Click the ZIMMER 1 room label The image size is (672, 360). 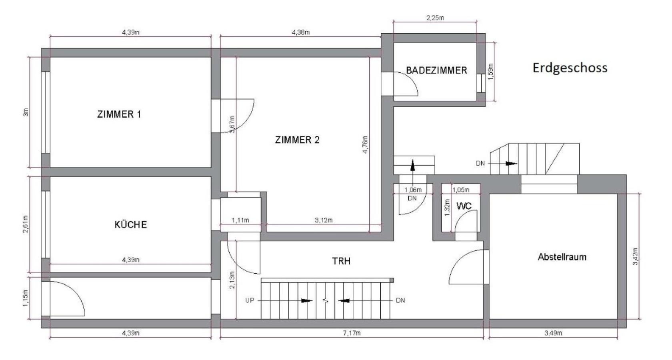(x=119, y=114)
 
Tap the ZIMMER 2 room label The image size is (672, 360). (x=297, y=140)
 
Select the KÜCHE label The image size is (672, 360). (x=131, y=225)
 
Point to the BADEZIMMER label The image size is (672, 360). (x=436, y=70)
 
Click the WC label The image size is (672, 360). (x=464, y=206)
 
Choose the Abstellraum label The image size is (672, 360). (x=562, y=257)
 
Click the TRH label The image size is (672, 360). (x=341, y=261)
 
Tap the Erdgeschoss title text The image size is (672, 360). (x=570, y=68)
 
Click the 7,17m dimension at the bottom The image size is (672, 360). (x=352, y=333)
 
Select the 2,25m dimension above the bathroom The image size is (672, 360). (x=435, y=18)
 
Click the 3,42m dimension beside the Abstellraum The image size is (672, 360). (x=636, y=256)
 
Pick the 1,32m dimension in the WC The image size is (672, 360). (x=448, y=208)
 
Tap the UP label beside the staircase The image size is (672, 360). (x=250, y=300)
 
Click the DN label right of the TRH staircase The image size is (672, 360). (x=400, y=300)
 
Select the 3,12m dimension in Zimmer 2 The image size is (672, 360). (x=324, y=220)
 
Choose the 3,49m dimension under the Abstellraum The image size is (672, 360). (x=554, y=333)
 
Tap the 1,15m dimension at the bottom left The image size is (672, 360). (x=26, y=298)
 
